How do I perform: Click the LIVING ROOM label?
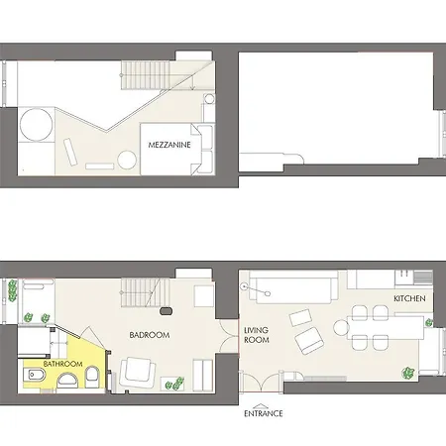tap(257, 335)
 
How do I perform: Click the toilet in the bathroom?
tap(90, 376)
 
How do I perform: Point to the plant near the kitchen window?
tap(407, 371)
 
